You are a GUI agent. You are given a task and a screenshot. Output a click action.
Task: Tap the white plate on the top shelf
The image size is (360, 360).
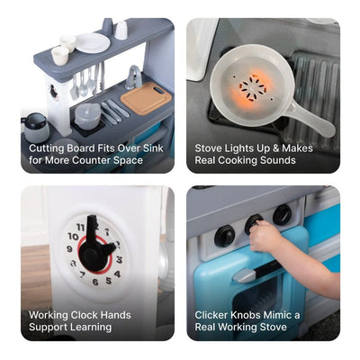[93, 42]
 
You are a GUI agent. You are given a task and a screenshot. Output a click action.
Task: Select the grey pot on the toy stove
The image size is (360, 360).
[87, 112]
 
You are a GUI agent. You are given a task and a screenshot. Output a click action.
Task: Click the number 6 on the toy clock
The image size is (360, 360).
[95, 281]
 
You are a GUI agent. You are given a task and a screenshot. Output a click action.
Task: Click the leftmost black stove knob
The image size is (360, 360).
[224, 236]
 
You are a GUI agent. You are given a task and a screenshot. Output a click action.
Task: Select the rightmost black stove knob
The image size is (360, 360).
[283, 214]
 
